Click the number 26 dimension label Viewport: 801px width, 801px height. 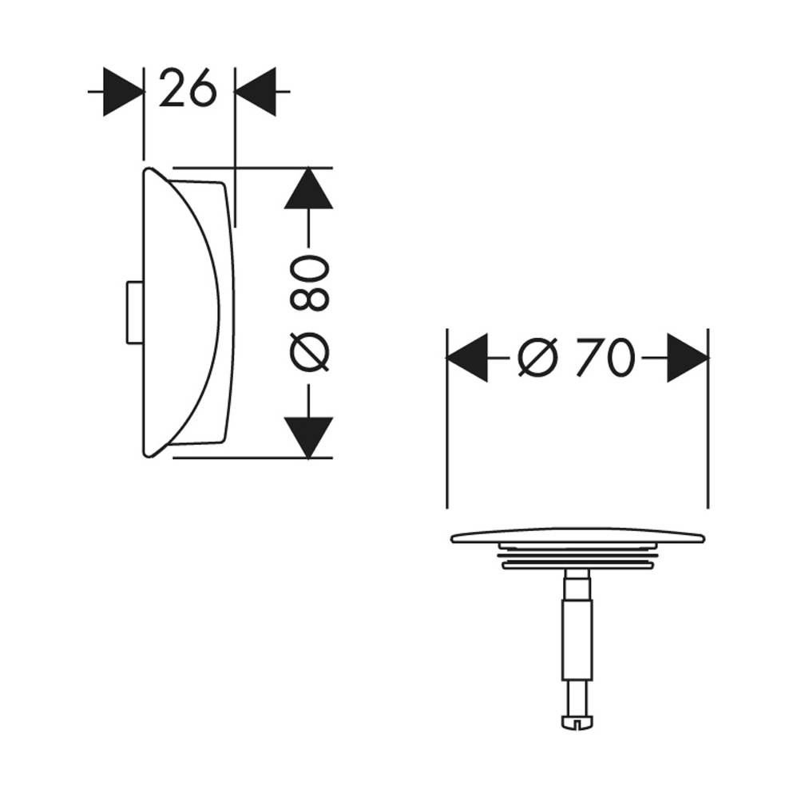[x=188, y=89]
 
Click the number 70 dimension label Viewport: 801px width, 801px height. [x=605, y=358]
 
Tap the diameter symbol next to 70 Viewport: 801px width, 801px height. [x=537, y=358]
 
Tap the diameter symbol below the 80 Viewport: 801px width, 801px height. [x=309, y=352]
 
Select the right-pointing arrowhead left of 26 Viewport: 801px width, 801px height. [x=123, y=92]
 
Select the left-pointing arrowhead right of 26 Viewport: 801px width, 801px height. [x=255, y=92]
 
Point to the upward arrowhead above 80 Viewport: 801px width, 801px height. [x=308, y=188]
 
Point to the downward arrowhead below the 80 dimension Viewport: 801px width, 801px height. [x=308, y=438]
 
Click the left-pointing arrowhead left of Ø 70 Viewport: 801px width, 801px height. [x=467, y=358]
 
